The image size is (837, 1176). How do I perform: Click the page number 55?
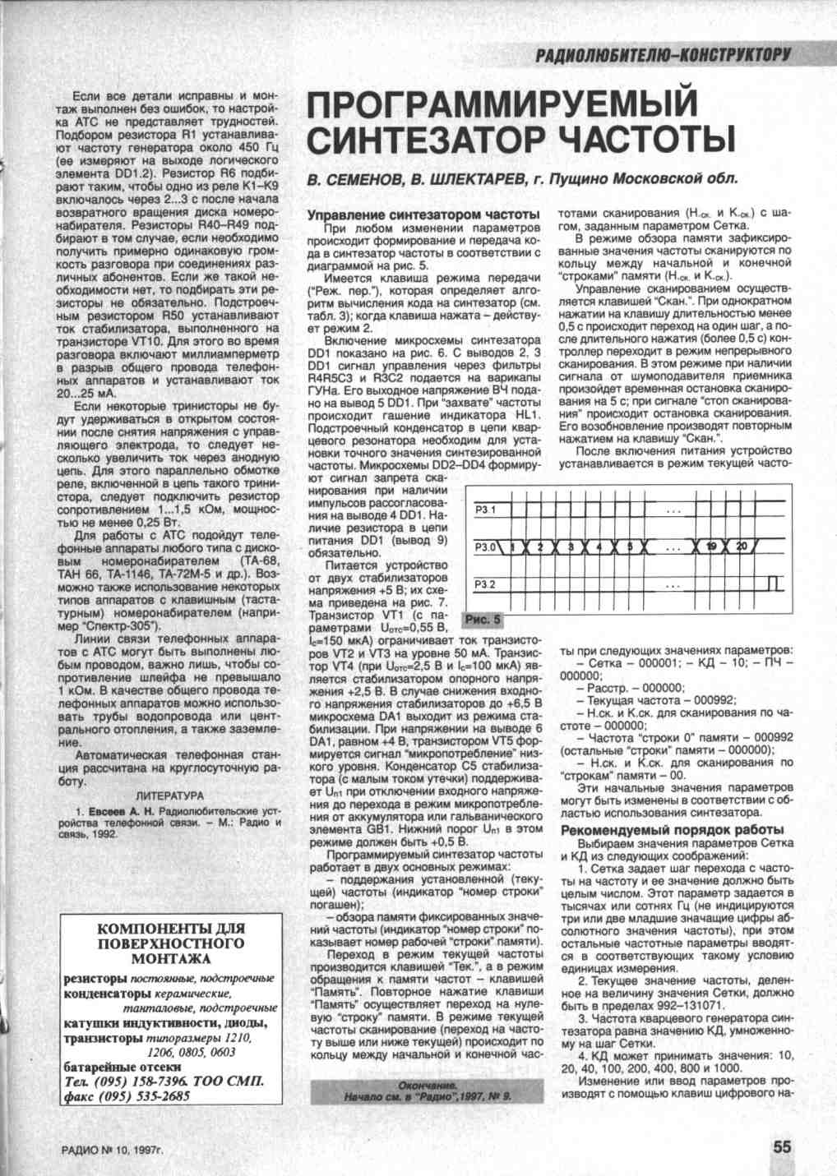(x=782, y=1147)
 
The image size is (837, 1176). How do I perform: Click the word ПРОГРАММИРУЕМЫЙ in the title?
(x=502, y=104)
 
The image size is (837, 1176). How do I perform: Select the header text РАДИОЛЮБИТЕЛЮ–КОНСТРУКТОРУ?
(x=663, y=55)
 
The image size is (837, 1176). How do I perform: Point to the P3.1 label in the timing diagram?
(x=486, y=510)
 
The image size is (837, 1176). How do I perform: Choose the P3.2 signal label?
(x=486, y=584)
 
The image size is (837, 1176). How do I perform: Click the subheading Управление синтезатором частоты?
(x=423, y=214)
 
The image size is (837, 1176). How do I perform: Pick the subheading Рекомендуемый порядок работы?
(x=672, y=830)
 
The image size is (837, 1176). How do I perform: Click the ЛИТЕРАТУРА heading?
(x=169, y=796)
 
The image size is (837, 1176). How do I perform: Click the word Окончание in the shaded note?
(x=427, y=1086)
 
